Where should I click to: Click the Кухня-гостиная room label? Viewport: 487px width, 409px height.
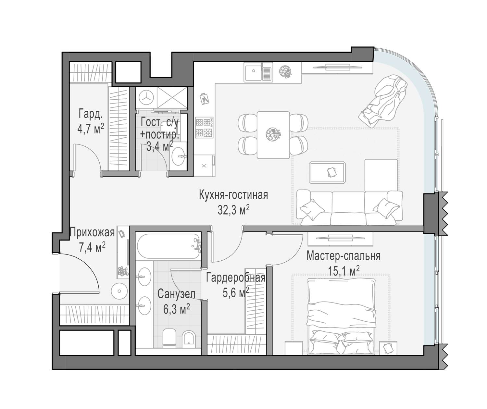coord(233,195)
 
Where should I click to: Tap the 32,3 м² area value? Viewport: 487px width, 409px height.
coord(233,210)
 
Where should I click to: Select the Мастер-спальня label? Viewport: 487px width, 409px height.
coord(343,256)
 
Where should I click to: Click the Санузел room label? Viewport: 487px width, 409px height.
coord(176,294)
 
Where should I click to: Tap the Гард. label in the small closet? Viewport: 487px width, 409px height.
coord(91,114)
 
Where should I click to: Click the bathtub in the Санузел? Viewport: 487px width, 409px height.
coord(169,246)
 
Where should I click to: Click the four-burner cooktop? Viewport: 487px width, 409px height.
coord(204,127)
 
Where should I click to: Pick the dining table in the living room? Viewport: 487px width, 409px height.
coord(273,135)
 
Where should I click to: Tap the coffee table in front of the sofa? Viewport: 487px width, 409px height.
coord(327,173)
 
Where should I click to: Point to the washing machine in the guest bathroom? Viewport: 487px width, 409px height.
coord(146,98)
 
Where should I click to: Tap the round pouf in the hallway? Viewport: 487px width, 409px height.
coord(119,291)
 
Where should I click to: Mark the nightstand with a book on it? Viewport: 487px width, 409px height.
coord(388,348)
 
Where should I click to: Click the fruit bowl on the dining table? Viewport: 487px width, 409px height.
coord(273,134)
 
